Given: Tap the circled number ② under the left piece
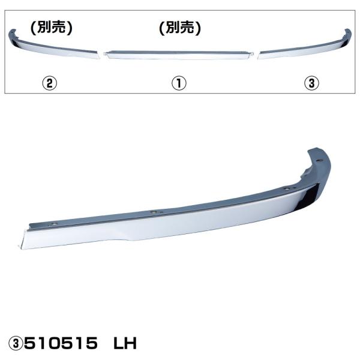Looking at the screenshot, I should [x=51, y=83].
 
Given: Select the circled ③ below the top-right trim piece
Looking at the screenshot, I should [x=310, y=83].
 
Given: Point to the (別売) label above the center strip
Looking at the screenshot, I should [x=179, y=27].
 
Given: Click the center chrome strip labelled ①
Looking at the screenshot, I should [x=178, y=54].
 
